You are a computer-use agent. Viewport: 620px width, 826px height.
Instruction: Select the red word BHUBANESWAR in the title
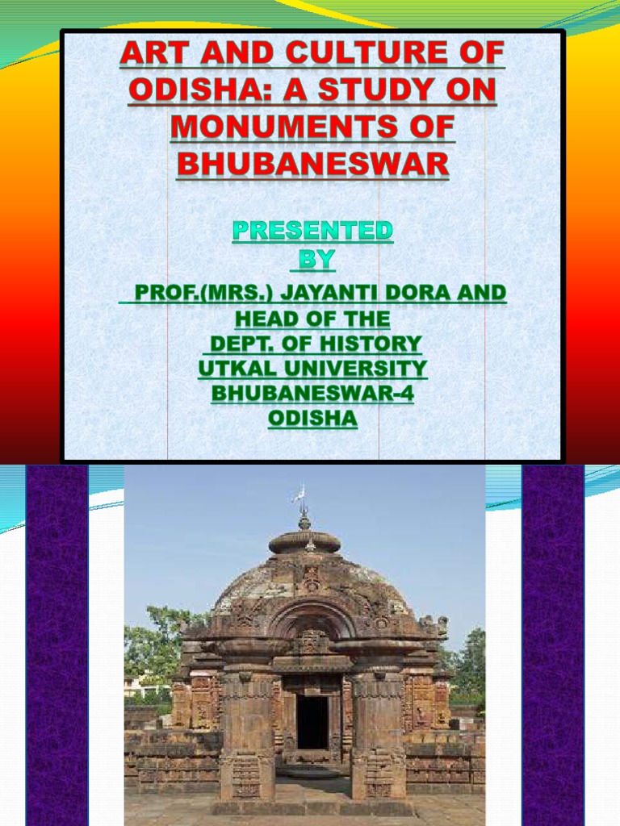(312, 165)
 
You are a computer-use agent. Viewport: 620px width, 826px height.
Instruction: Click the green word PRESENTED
(313, 231)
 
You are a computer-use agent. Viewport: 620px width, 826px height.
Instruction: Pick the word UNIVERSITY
(352, 369)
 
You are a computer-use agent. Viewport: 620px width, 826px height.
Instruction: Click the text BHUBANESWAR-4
(312, 394)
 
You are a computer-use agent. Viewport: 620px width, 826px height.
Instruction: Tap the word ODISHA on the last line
(312, 419)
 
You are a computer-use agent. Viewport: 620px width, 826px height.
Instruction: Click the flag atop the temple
(300, 493)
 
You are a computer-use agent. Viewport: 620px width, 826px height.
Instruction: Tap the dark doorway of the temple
(312, 722)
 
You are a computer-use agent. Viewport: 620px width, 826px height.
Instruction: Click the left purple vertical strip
(57, 645)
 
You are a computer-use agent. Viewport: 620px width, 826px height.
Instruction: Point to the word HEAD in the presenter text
(268, 319)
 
